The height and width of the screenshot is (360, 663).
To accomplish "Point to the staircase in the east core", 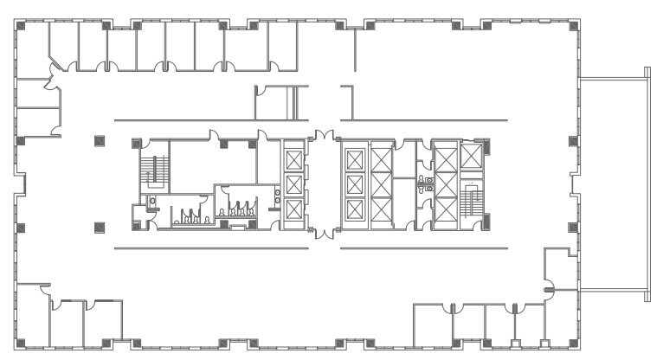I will [x=473, y=202].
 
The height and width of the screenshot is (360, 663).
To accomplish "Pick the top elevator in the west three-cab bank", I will [x=294, y=159].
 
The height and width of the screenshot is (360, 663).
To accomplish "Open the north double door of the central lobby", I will [x=323, y=136].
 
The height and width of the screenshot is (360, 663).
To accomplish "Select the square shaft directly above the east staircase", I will [x=472, y=157].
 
